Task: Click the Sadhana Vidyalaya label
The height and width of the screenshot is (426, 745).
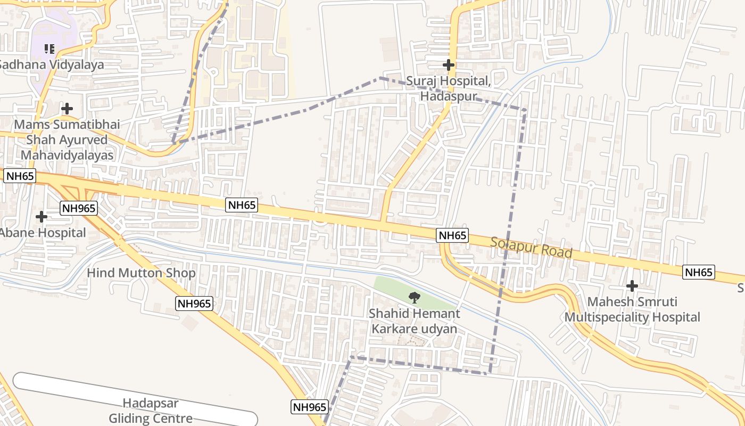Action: pyautogui.click(x=51, y=64)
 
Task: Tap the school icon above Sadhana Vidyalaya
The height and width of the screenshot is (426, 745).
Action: pyautogui.click(x=49, y=49)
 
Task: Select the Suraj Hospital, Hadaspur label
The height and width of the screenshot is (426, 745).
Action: pyautogui.click(x=448, y=88)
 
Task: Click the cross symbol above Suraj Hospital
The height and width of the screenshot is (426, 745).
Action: pyautogui.click(x=449, y=65)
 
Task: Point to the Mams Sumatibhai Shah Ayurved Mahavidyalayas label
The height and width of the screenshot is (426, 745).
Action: pyautogui.click(x=67, y=140)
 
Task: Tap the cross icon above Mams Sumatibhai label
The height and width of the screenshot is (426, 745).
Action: pyautogui.click(x=67, y=109)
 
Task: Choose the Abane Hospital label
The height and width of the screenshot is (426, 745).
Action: pyautogui.click(x=43, y=233)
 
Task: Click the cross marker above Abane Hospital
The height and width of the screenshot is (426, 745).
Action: pyautogui.click(x=41, y=217)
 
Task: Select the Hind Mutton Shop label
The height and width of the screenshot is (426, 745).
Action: pyautogui.click(x=141, y=273)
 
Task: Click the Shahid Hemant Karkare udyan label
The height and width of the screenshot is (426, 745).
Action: pyautogui.click(x=414, y=321)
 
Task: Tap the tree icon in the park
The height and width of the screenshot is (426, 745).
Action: pyautogui.click(x=413, y=298)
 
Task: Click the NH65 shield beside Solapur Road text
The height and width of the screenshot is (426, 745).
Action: pyautogui.click(x=452, y=235)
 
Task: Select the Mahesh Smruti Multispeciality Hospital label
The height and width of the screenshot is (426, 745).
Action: pyautogui.click(x=632, y=309)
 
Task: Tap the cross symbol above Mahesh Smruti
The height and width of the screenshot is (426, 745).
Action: pyautogui.click(x=632, y=286)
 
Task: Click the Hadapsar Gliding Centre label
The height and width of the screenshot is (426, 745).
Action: pyautogui.click(x=151, y=411)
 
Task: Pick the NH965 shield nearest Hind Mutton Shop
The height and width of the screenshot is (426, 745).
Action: pyautogui.click(x=195, y=304)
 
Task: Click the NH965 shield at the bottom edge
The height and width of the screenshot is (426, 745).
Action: pyautogui.click(x=309, y=407)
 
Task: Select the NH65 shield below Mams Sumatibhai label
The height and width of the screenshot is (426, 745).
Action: pyautogui.click(x=19, y=176)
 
